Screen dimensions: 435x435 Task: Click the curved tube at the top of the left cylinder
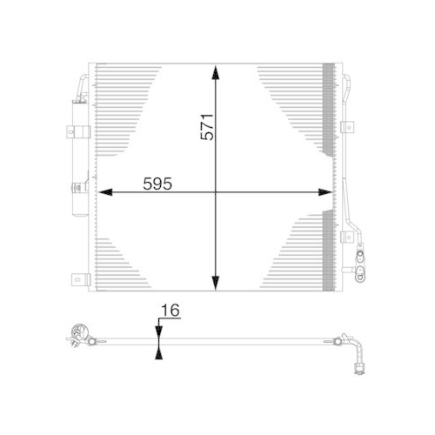pos(84,83)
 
